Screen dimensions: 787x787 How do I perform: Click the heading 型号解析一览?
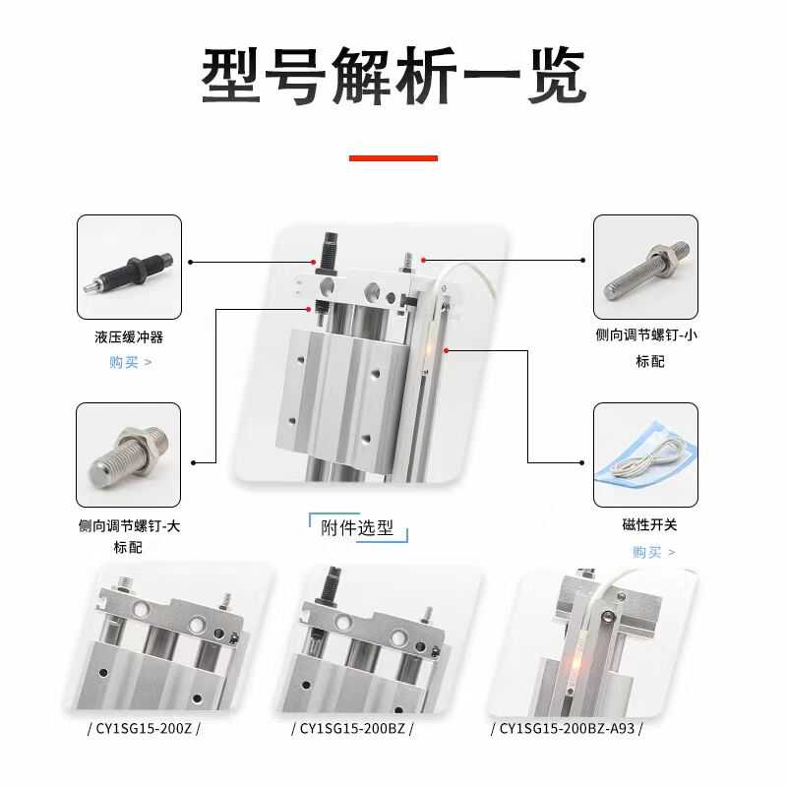click(x=393, y=76)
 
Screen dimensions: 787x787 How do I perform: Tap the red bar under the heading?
click(x=393, y=157)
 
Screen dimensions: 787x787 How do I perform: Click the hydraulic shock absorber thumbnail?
click(x=129, y=267)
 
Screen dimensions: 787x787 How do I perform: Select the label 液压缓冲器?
click(x=129, y=337)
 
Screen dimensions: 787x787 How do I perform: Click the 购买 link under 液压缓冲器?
click(x=129, y=362)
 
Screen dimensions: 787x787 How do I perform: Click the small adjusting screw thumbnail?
click(x=645, y=267)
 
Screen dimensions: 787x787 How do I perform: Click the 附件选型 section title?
click(x=357, y=528)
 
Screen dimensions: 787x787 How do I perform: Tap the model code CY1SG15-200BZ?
click(x=353, y=729)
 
